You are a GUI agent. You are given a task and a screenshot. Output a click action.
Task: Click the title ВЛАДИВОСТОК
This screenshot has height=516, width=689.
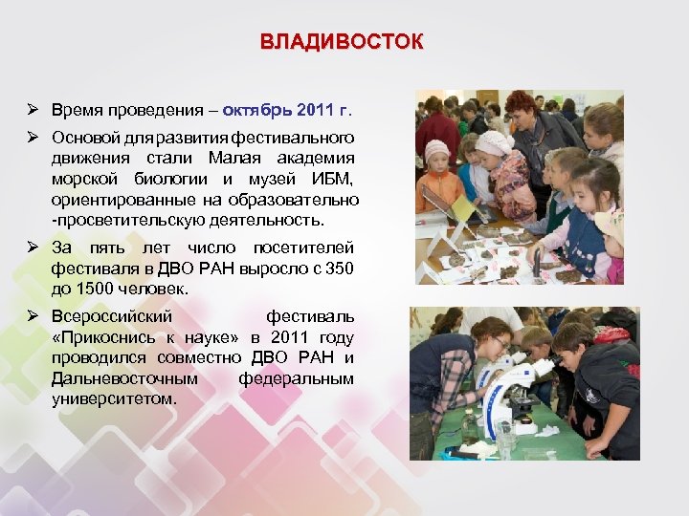tap(342, 43)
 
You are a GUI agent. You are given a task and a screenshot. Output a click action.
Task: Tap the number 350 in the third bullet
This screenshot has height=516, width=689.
tap(340, 269)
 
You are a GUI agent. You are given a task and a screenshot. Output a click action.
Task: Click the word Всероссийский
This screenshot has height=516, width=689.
tap(112, 316)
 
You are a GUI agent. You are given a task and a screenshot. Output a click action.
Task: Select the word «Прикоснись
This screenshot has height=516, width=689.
tap(98, 337)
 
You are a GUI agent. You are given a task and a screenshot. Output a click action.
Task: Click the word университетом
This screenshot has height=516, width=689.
tap(115, 398)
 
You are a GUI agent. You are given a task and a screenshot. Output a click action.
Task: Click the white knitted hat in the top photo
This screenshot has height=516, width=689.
tap(495, 142)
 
